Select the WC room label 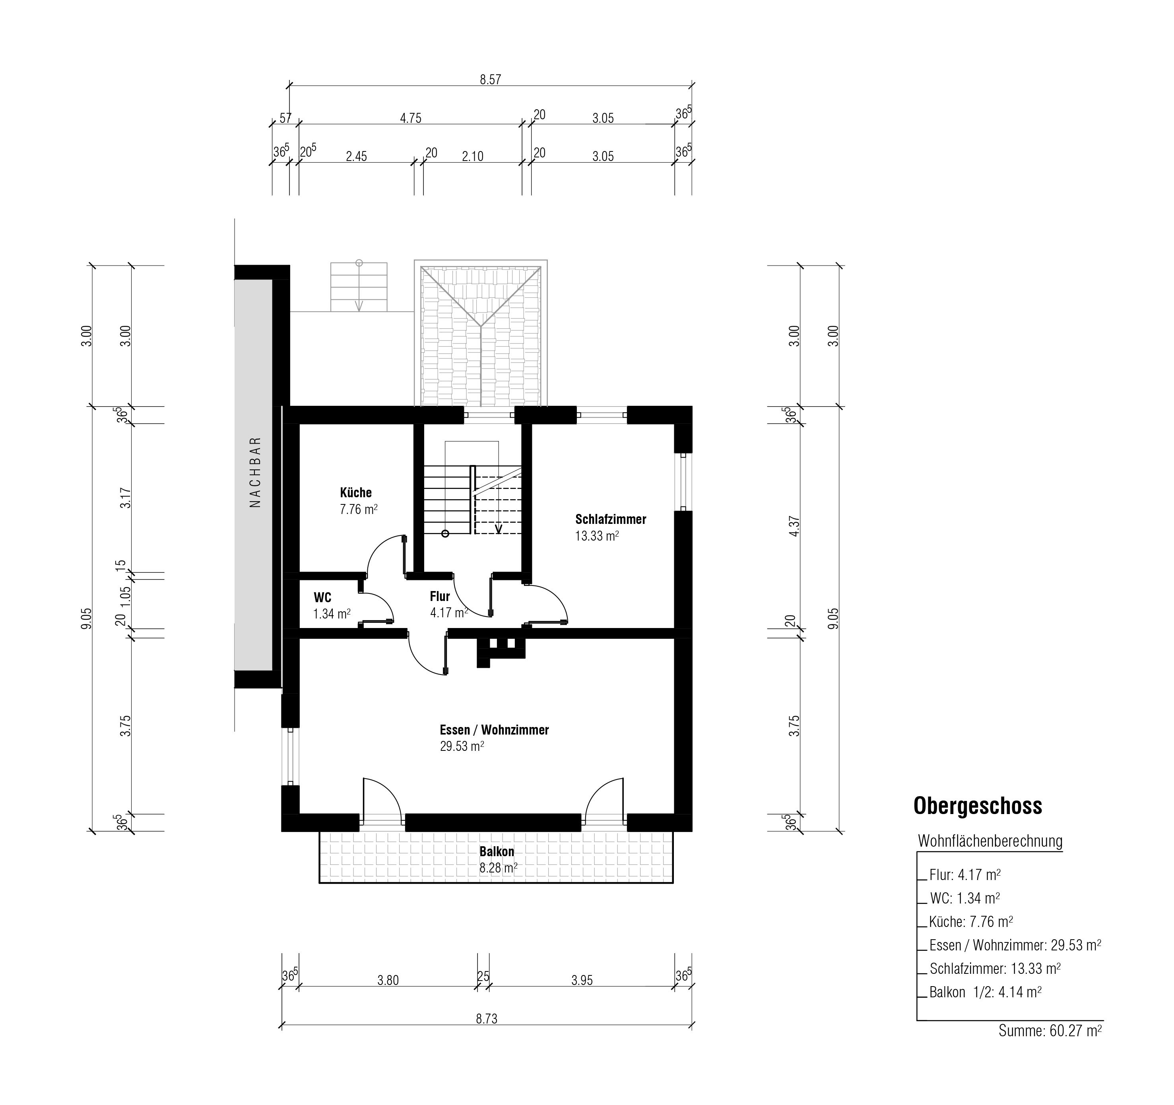[322, 597]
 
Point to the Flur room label [440, 596]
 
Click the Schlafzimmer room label [611, 520]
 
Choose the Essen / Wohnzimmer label [494, 730]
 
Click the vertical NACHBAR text [255, 472]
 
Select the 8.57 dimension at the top [490, 79]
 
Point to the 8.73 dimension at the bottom [487, 1019]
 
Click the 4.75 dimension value [410, 118]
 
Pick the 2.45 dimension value [356, 157]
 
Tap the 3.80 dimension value [388, 981]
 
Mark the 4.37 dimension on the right [794, 526]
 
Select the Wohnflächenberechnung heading [990, 841]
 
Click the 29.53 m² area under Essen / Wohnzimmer [462, 746]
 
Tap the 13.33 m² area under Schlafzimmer [597, 535]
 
